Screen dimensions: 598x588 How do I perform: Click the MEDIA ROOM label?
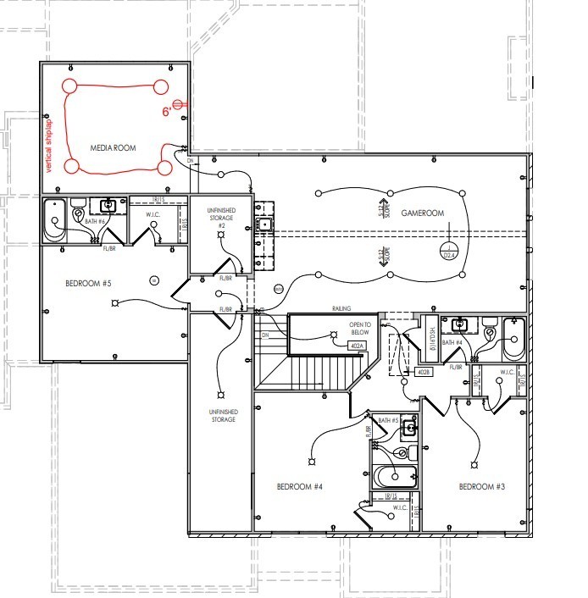pyautogui.click(x=113, y=148)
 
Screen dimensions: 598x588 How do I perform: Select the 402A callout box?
pyautogui.click(x=357, y=346)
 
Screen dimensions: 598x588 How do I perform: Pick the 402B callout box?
pyautogui.click(x=424, y=372)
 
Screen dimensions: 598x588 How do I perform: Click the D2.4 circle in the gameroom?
pyautogui.click(x=450, y=252)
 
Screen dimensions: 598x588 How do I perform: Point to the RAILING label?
pyautogui.click(x=341, y=309)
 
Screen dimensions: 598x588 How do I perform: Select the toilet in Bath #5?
pyautogui.click(x=413, y=452)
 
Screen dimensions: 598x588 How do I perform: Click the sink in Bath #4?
pyautogui.click(x=460, y=324)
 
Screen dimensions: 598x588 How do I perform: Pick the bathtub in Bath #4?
pyautogui.click(x=513, y=339)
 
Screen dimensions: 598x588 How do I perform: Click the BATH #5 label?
pyautogui.click(x=388, y=421)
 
